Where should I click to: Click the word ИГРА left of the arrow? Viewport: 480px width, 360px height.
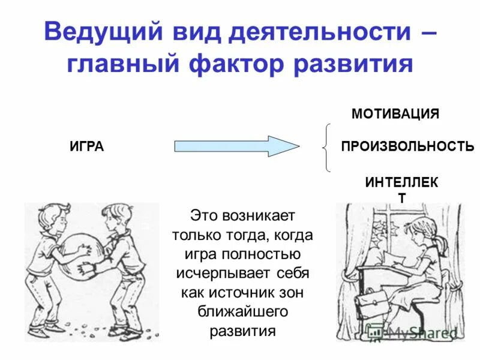tap(87, 146)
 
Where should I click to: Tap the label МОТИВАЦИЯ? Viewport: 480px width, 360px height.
tap(395, 113)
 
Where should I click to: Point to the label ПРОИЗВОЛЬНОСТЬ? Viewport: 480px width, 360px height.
tap(407, 146)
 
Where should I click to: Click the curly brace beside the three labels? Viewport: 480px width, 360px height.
tap(326, 147)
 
